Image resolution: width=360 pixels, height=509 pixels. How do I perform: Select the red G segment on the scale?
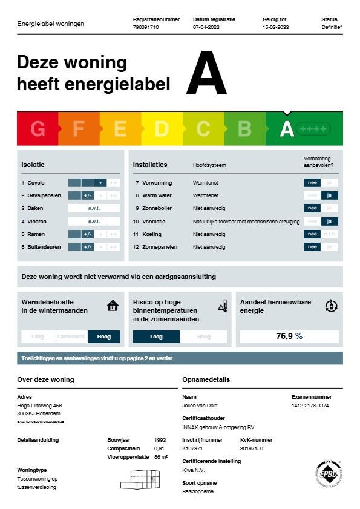[x=38, y=128]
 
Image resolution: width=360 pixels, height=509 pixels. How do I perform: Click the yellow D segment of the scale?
[x=162, y=128]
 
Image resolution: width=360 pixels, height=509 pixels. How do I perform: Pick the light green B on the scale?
[x=244, y=128]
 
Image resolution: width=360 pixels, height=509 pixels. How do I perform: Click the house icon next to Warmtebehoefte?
[x=113, y=306]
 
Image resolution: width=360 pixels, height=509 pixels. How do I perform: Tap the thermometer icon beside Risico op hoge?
[x=223, y=306]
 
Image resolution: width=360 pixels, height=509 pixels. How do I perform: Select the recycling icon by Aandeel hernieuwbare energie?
[x=331, y=306]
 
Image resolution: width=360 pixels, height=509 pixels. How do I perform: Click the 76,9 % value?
[x=289, y=336]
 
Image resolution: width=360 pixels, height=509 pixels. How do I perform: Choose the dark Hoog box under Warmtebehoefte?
[x=103, y=337]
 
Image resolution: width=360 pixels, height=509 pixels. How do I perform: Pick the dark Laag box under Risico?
[x=156, y=337]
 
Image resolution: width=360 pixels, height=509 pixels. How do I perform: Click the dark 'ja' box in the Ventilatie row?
[x=329, y=221]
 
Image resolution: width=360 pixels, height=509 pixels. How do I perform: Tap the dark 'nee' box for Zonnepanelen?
[x=312, y=246]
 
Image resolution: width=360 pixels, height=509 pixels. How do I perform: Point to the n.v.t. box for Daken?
[x=93, y=208]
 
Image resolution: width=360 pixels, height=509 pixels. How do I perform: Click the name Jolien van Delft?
[x=200, y=406]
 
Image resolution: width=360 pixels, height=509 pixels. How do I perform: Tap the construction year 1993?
[x=160, y=440]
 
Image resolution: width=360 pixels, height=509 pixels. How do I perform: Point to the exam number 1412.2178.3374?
[x=311, y=406]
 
